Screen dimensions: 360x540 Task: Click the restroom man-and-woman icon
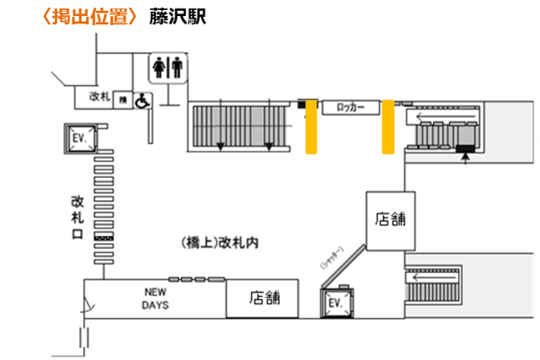point(169,68)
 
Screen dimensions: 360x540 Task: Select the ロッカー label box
point(349,105)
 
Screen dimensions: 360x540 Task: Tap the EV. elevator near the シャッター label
point(336,303)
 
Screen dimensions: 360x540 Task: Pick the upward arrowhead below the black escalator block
point(465,158)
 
